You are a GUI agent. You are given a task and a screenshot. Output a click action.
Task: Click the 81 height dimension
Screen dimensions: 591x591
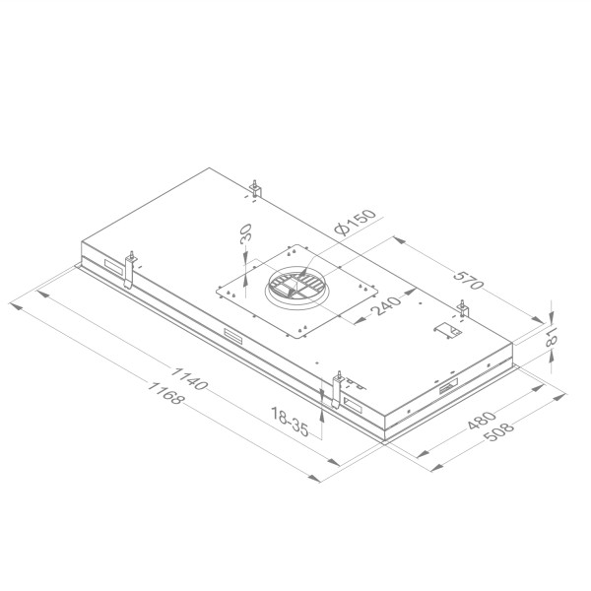pos(553,340)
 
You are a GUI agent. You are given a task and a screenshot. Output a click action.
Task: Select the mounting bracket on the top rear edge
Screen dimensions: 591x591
pos(255,187)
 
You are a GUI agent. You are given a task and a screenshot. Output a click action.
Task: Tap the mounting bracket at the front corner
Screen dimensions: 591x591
pos(338,390)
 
